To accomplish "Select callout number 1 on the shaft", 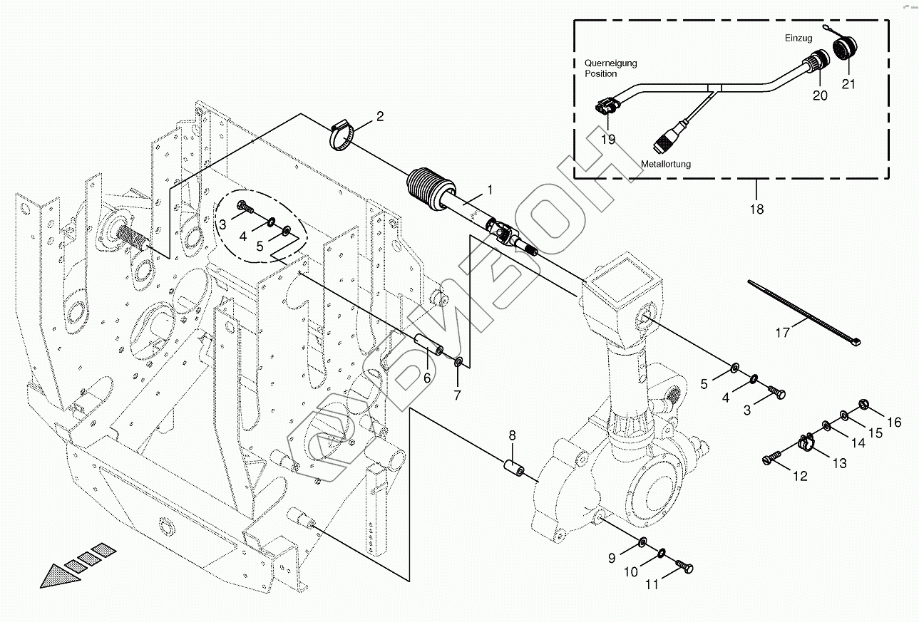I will point(490,190).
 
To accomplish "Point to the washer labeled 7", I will point(460,362).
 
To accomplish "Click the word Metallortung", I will point(666,164).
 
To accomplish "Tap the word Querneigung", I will point(610,63).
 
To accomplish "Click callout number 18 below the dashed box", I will point(756,209).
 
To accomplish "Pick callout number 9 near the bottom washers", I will point(612,559).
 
